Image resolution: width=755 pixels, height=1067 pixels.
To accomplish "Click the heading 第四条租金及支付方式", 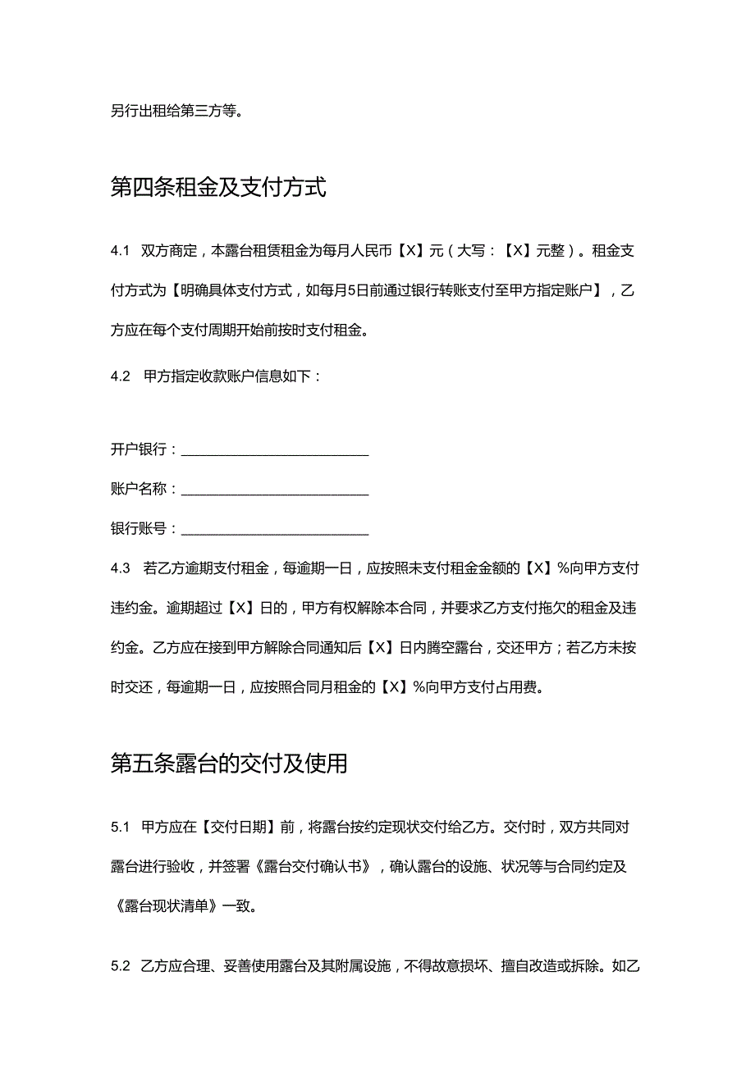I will click(x=218, y=189).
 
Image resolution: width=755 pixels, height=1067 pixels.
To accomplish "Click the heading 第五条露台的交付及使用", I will click(x=229, y=764).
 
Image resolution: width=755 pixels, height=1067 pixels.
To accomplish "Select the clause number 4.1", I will click(x=121, y=251).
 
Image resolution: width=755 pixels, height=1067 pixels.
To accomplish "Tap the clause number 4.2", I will click(x=121, y=376).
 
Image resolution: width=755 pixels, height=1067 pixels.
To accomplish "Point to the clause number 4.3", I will click(x=121, y=568).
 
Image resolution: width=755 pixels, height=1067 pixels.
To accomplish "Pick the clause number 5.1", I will click(x=121, y=827).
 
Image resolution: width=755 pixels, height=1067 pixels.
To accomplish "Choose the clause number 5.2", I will click(x=121, y=966).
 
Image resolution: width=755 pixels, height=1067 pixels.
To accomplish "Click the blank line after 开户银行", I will click(x=275, y=450).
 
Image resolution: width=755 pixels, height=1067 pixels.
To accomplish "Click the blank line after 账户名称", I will click(x=275, y=490).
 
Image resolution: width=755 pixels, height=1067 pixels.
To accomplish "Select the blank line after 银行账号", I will click(x=275, y=529).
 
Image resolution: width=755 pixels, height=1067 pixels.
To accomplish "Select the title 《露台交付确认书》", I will click(x=316, y=867).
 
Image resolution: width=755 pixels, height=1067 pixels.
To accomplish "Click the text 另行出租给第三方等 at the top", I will click(x=176, y=112).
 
